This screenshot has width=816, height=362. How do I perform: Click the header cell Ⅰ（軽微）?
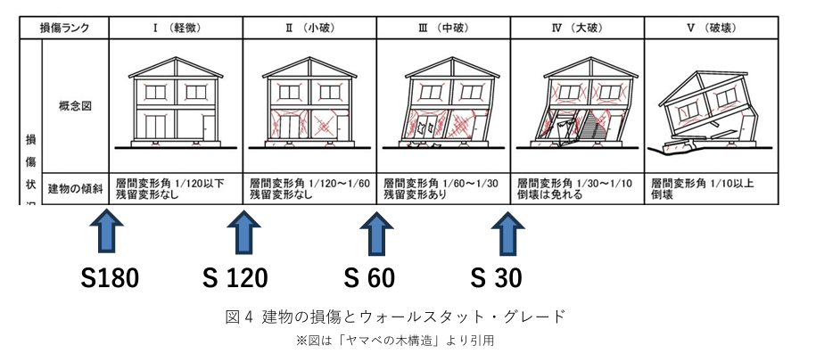(x=175, y=28)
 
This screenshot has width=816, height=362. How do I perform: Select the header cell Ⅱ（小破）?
(x=309, y=28)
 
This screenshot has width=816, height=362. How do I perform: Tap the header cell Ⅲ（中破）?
(x=443, y=28)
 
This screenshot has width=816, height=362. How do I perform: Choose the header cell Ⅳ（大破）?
(x=578, y=28)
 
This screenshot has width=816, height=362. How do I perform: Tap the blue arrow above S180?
(x=106, y=233)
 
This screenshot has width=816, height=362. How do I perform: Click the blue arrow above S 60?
(x=375, y=233)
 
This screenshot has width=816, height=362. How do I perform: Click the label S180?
(x=110, y=278)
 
